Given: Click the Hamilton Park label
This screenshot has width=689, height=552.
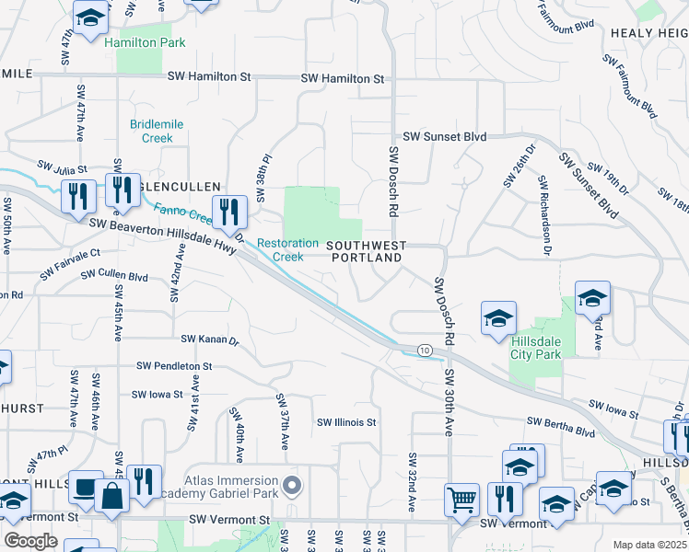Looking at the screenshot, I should [x=145, y=42].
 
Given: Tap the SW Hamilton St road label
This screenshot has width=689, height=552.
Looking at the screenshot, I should [x=340, y=79].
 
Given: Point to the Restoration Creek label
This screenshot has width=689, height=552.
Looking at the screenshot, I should [x=287, y=249].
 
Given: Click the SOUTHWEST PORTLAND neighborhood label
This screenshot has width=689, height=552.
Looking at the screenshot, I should [x=366, y=252].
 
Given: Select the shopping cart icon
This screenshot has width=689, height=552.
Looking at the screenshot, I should [x=461, y=500].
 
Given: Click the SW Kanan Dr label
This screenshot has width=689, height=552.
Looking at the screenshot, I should [x=210, y=339].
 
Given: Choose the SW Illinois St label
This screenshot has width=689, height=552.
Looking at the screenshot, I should [x=346, y=422].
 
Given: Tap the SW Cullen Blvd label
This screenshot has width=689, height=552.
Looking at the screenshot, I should [x=114, y=275].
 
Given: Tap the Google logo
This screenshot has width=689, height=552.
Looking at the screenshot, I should [x=30, y=540].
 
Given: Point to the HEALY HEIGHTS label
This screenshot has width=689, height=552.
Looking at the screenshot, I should [x=648, y=33].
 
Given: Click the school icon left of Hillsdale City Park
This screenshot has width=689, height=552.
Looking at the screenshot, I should [x=498, y=317].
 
